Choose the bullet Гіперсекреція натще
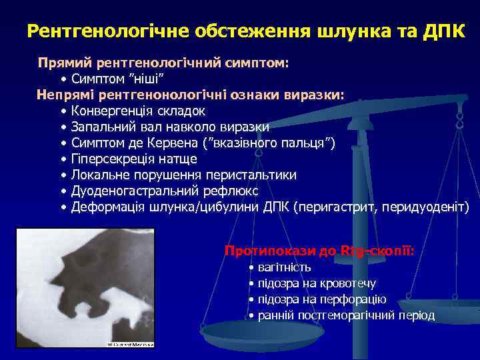click(x=133, y=159)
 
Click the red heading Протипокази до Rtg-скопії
click(x=319, y=251)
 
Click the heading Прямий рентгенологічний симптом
click(x=163, y=63)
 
